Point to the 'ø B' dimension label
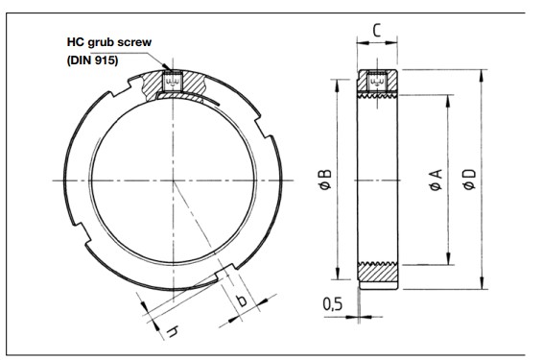[x=323, y=180]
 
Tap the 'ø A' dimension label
[x=435, y=180]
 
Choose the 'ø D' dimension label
[x=467, y=180]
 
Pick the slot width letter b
[x=242, y=300]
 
